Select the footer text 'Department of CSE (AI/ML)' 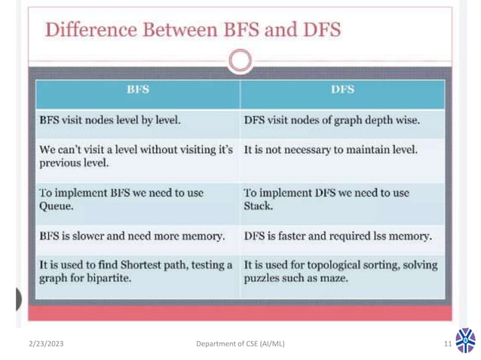tap(240, 345)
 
